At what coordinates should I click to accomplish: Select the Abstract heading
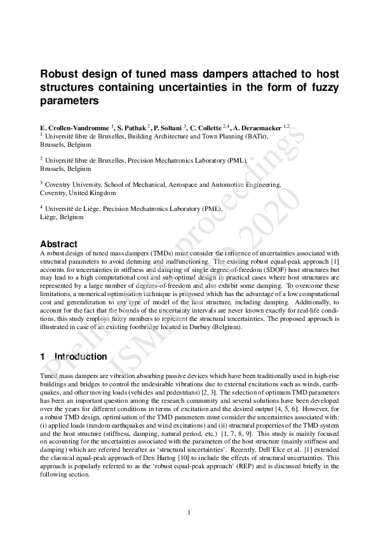click(x=58, y=244)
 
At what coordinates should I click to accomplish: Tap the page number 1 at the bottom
click(x=189, y=512)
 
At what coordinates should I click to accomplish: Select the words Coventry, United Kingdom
click(x=78, y=193)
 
